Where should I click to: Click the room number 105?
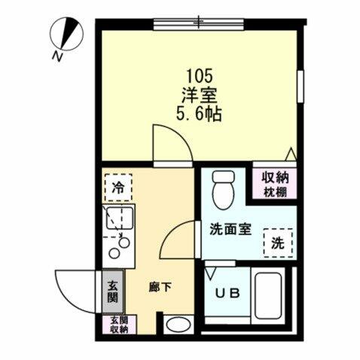pos(200,75)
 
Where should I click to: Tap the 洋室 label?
pos(200,96)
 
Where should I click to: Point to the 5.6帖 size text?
pos(200,116)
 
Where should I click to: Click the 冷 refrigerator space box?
pos(117,187)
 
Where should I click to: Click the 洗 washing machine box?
pos(277,243)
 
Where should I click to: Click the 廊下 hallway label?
pos(160,287)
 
